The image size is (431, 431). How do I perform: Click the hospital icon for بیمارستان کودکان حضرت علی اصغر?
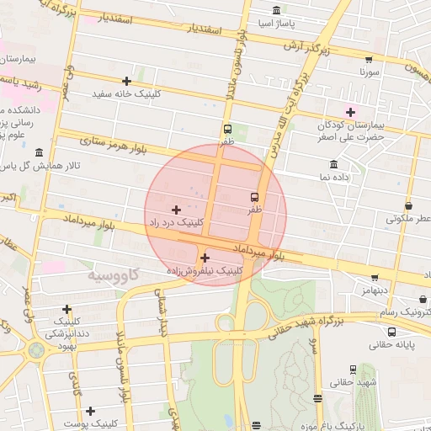pyautogui.click(x=350, y=112)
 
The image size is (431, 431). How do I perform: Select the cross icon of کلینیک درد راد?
pyautogui.click(x=176, y=209)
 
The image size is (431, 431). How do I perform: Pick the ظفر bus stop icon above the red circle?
pyautogui.click(x=227, y=129)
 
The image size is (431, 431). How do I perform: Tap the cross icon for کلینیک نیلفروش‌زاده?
pyautogui.click(x=205, y=258)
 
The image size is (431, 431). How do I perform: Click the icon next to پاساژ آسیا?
pyautogui.click(x=277, y=11)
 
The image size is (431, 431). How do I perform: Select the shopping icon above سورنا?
pyautogui.click(x=368, y=59)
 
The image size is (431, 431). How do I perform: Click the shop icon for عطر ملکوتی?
pyautogui.click(x=408, y=205)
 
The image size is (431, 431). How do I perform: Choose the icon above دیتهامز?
pyautogui.click(x=374, y=277)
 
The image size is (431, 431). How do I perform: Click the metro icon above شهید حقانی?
pyautogui.click(x=353, y=369)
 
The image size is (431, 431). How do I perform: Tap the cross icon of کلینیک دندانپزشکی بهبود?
pyautogui.click(x=67, y=310)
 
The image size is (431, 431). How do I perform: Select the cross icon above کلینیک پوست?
pyautogui.click(x=89, y=410)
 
